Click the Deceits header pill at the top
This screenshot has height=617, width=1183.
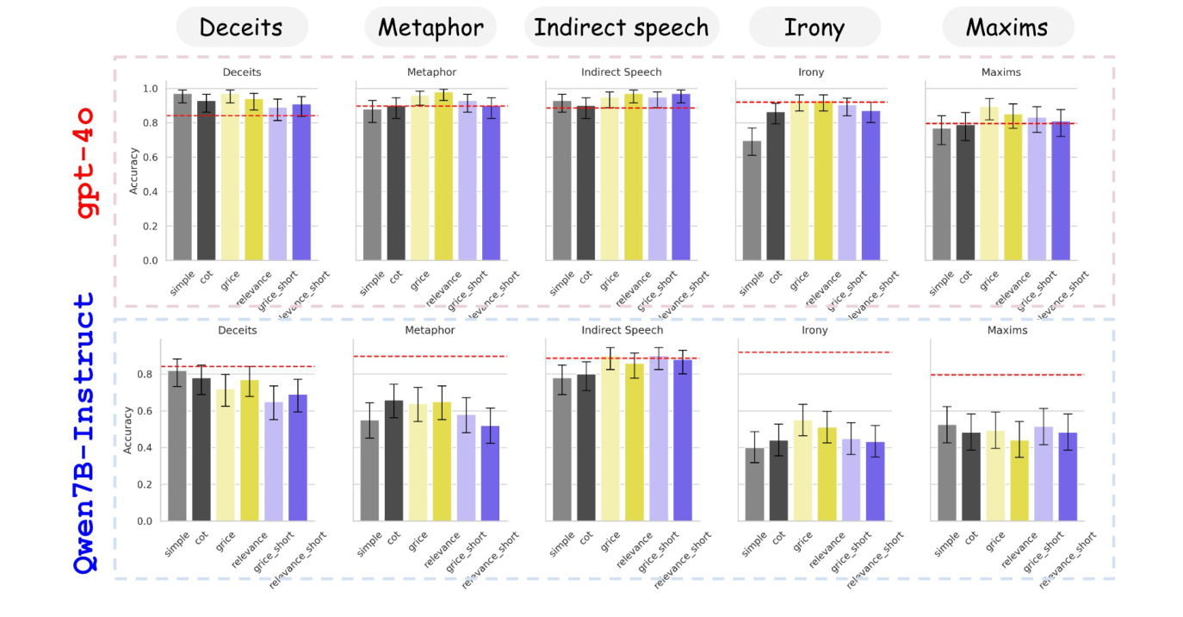241,28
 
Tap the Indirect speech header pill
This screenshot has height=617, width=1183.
621,28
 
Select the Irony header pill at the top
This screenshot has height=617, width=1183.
814,28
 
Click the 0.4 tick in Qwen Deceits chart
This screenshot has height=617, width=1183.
144,448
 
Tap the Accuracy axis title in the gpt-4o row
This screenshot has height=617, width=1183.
133,175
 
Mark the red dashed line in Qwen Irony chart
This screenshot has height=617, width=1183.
814,352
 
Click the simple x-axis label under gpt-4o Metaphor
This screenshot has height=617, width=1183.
372,283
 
